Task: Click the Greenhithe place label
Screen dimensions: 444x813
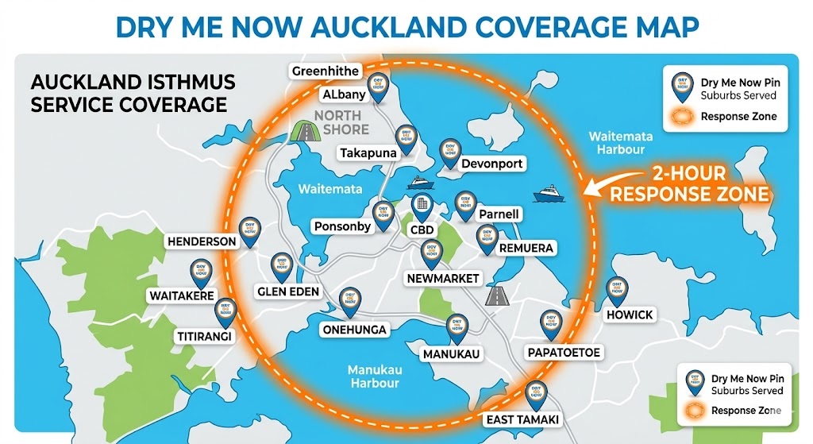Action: [x=326, y=71]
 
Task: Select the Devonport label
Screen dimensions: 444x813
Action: [x=491, y=164]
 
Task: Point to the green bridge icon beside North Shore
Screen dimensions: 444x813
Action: [x=304, y=131]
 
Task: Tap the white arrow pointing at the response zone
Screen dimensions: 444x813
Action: [x=611, y=182]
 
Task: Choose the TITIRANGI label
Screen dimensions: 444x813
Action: [x=203, y=337]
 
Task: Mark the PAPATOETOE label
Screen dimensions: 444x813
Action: [x=564, y=352]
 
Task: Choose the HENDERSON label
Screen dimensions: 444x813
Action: [x=202, y=241]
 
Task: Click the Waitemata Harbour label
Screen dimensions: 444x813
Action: [x=621, y=142]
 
